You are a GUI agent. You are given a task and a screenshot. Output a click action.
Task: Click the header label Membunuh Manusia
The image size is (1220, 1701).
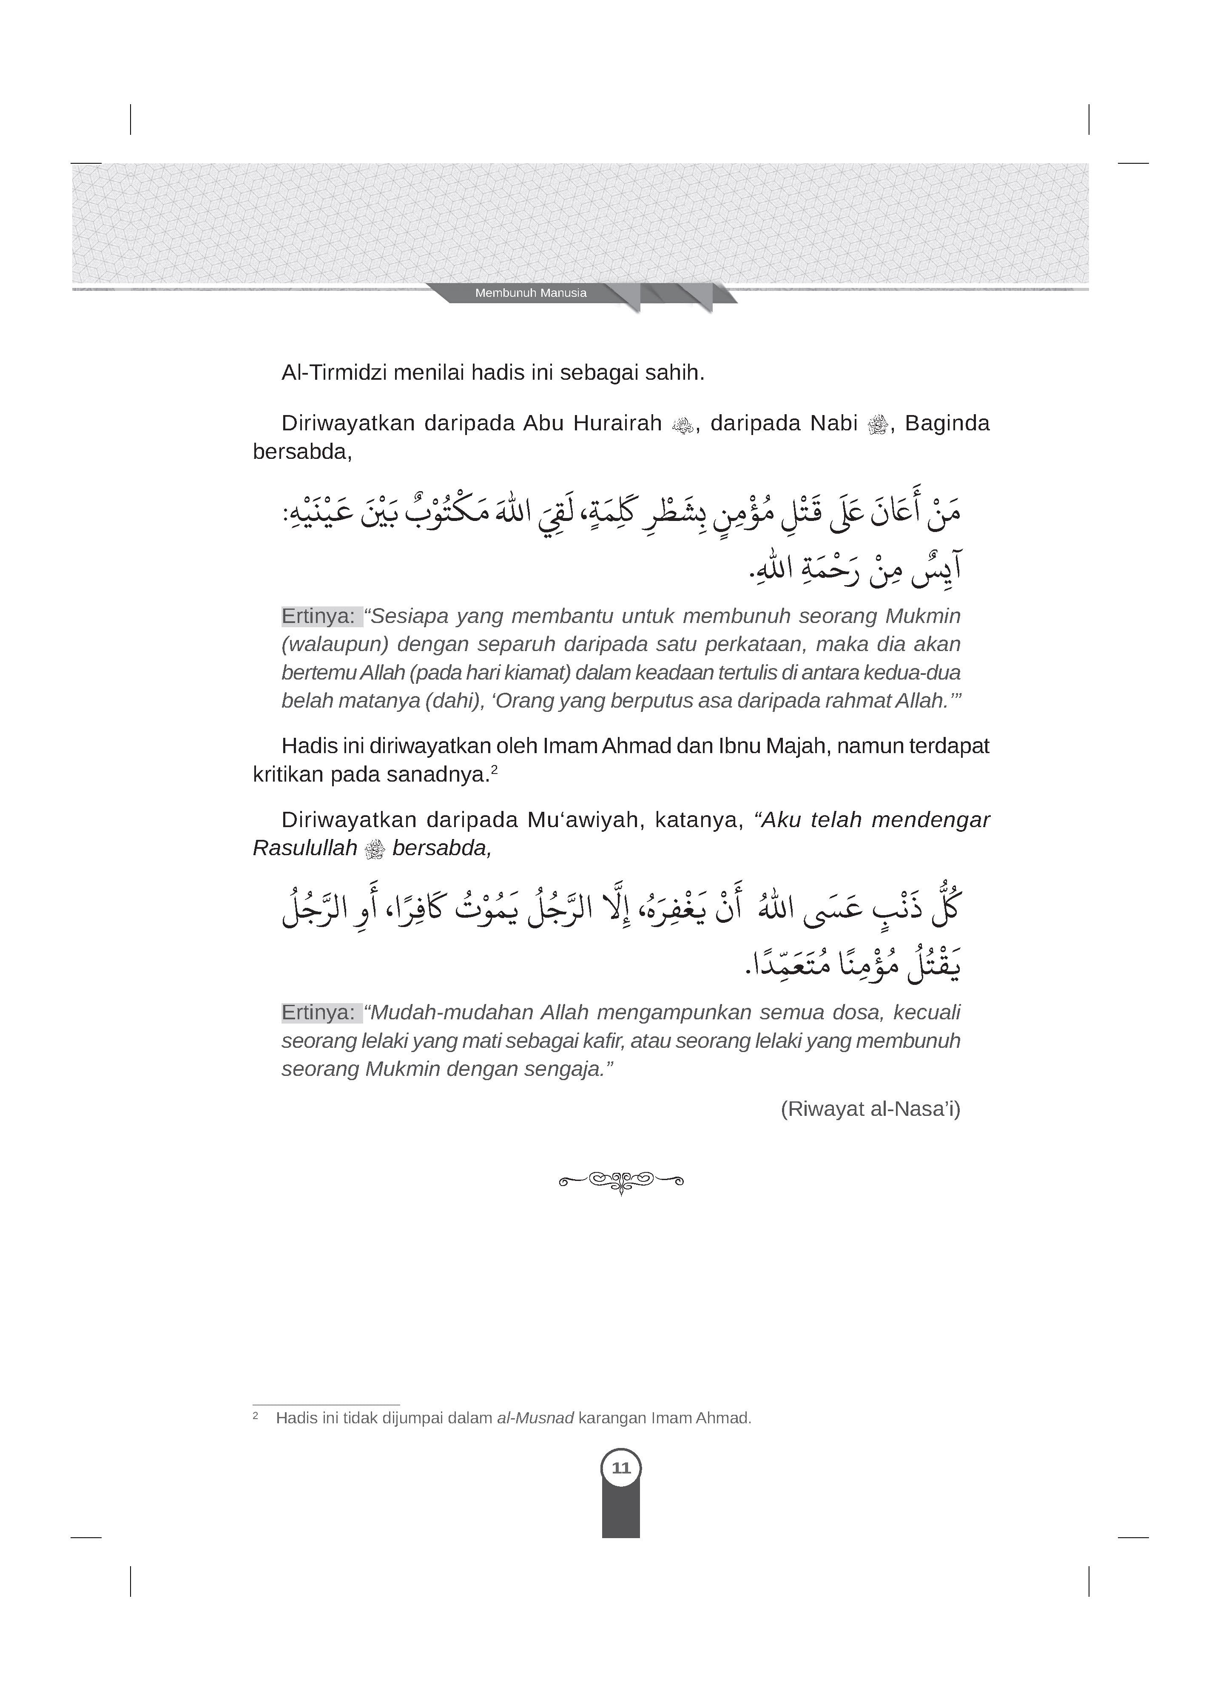(x=530, y=293)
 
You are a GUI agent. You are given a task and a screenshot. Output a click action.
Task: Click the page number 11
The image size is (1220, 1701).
(x=621, y=1468)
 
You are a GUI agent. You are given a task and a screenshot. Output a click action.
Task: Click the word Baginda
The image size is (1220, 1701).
(x=947, y=424)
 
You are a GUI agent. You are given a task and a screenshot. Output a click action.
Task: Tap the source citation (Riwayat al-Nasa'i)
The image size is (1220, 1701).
(x=870, y=1109)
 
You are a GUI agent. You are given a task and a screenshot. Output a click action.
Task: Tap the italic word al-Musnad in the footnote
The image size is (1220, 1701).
(x=535, y=1418)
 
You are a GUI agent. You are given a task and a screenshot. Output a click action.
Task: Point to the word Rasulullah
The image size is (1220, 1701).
(x=304, y=848)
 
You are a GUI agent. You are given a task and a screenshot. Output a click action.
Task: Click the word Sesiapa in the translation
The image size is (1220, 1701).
(x=410, y=617)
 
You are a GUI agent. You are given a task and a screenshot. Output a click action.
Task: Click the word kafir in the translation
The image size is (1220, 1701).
(x=604, y=1041)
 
